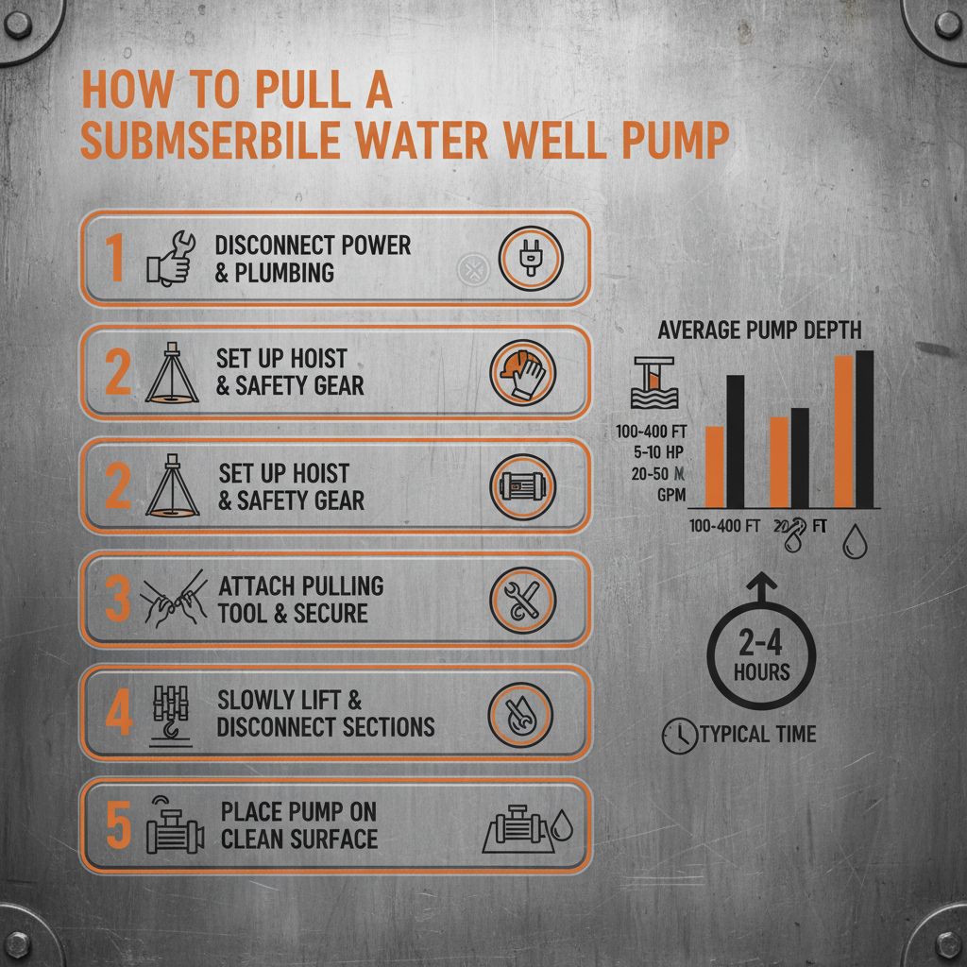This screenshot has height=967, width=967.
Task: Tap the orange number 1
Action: (113, 259)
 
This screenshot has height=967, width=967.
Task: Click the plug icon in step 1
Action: (530, 259)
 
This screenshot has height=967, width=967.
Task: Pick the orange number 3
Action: (117, 600)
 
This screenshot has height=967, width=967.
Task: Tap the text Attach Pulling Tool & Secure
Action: (300, 600)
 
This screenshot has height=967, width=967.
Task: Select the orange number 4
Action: (118, 714)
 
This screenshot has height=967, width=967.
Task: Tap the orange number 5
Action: (117, 825)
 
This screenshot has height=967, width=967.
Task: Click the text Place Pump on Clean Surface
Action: (298, 825)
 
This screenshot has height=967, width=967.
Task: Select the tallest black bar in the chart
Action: (864, 429)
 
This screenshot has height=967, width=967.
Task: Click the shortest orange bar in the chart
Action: (715, 467)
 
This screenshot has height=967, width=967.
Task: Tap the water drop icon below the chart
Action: (855, 543)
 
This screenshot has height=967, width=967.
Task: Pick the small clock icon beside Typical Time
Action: (677, 736)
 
